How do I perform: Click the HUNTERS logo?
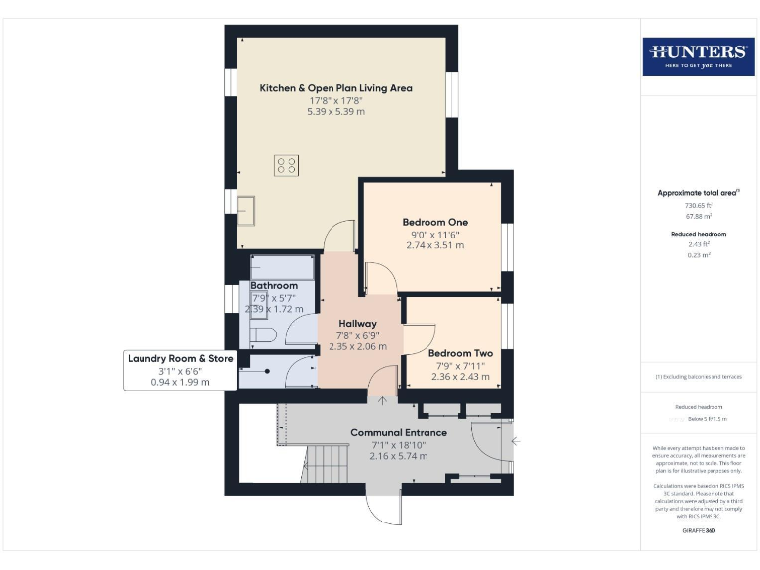(698, 55)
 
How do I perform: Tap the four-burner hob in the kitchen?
(288, 166)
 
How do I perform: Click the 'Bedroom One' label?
(434, 221)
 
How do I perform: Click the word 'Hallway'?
(357, 324)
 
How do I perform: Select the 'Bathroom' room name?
(274, 286)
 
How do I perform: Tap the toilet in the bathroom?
(259, 335)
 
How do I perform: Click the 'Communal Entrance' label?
(399, 432)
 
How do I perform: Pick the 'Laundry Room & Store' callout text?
(180, 358)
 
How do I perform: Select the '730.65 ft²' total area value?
(699, 205)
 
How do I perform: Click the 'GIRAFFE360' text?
(699, 532)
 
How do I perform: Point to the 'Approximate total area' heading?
(699, 193)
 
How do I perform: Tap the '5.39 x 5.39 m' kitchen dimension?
(335, 112)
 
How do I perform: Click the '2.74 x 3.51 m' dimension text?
(434, 244)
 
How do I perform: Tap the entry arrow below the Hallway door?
(383, 399)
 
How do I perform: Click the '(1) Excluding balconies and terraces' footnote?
(699, 377)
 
